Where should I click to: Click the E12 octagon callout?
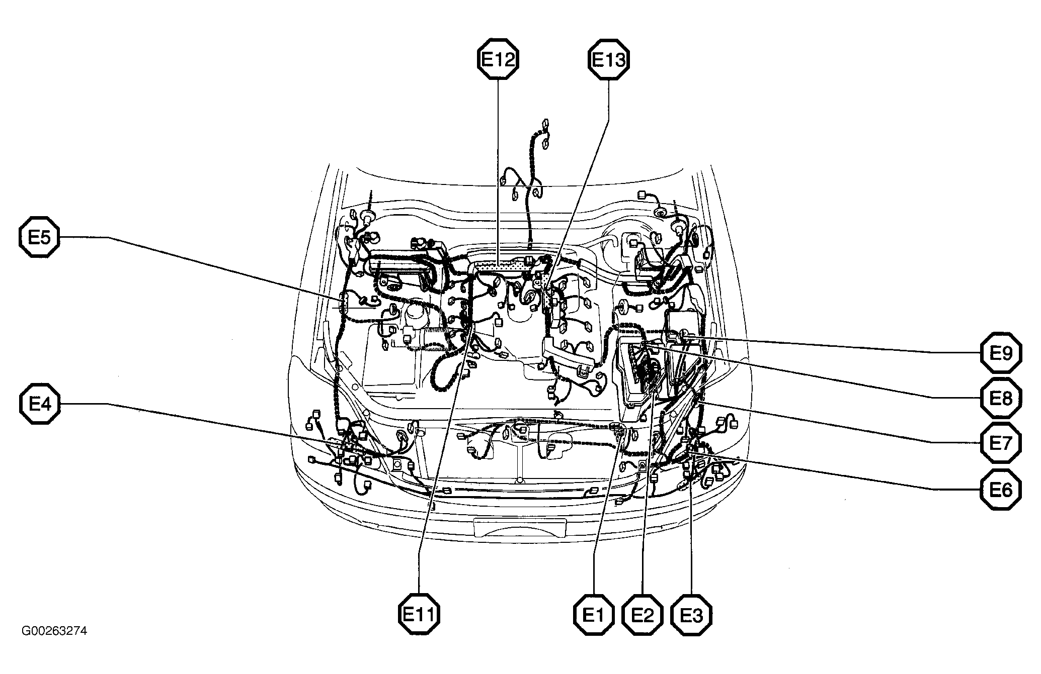tap(498, 60)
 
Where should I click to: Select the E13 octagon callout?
tap(608, 60)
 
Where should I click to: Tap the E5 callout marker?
tap(39, 237)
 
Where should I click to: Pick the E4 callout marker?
tap(39, 404)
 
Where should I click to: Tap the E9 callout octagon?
tap(1001, 353)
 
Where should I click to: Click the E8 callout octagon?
tap(1001, 398)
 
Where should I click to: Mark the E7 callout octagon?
tap(1001, 443)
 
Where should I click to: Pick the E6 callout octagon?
tap(1001, 490)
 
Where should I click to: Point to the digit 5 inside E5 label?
tap(46, 237)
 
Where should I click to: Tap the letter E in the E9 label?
tap(995, 353)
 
